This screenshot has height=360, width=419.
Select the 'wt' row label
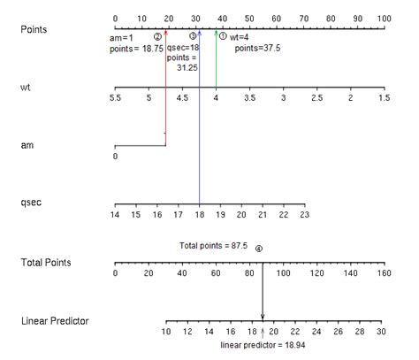[26, 87]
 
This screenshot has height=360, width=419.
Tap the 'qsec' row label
[32, 203]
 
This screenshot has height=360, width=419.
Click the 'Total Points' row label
[46, 262]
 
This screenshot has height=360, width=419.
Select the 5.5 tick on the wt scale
[115, 99]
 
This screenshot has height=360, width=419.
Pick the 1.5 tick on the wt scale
[384, 99]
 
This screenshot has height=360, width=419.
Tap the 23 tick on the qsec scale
[303, 214]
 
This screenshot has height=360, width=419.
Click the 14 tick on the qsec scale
[115, 214]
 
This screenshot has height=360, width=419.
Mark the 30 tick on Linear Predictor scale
[380, 332]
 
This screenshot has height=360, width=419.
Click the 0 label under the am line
[115, 157]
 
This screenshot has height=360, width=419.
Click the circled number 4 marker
[258, 249]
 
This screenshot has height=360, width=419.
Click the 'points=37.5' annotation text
[257, 49]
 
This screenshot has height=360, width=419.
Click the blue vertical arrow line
[200, 133]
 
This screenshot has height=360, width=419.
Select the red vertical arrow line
[165, 88]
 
